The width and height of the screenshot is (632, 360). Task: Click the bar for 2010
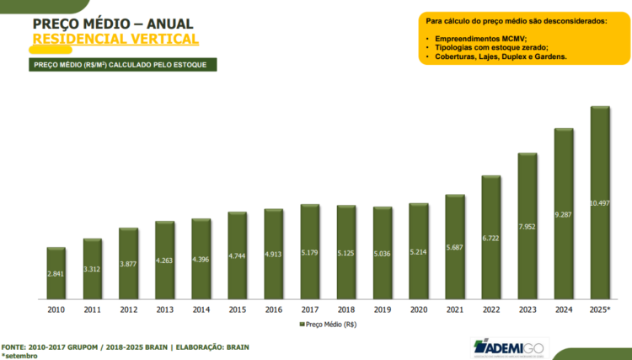click(56, 273)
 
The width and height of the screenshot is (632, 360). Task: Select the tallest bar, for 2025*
click(599, 203)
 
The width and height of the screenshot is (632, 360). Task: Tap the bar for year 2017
click(309, 252)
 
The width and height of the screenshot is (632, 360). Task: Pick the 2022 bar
click(490, 238)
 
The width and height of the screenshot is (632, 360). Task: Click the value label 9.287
click(563, 215)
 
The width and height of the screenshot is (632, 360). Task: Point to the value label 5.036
click(382, 252)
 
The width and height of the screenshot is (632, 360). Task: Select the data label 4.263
click(164, 261)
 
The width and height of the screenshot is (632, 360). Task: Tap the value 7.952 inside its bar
click(527, 227)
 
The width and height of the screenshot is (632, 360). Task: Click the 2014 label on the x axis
click(201, 309)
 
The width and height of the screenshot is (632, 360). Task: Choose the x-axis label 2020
click(418, 309)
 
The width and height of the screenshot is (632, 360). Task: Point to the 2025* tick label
click(599, 309)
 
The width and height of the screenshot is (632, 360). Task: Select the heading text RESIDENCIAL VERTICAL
click(115, 39)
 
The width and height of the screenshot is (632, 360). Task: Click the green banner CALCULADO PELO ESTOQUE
click(124, 65)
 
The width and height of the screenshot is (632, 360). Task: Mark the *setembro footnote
click(19, 356)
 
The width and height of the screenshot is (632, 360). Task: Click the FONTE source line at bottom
click(125, 347)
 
